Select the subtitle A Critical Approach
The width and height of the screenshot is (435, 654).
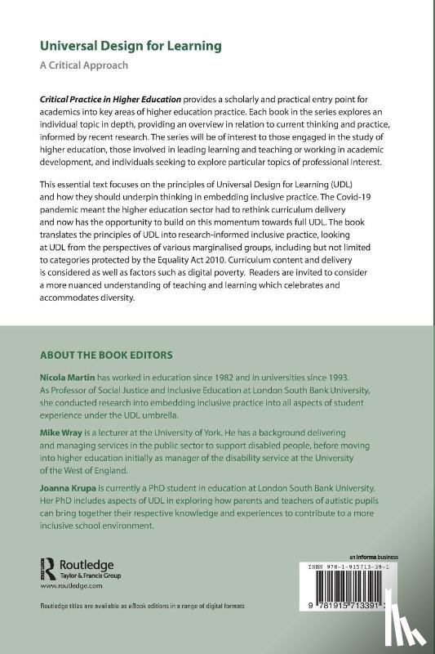click(84, 65)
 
